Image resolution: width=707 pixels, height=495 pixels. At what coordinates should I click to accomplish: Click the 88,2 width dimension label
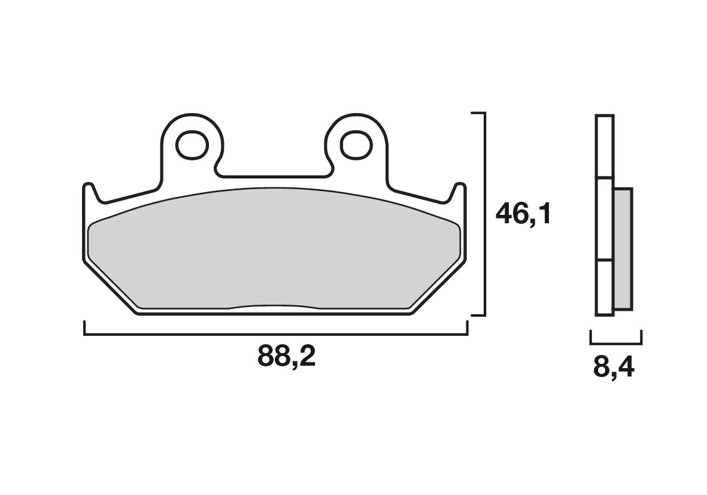pyautogui.click(x=286, y=357)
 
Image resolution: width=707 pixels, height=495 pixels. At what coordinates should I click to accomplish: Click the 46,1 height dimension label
pyautogui.click(x=523, y=214)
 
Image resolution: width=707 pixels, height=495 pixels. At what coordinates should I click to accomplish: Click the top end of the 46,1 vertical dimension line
pyautogui.click(x=483, y=113)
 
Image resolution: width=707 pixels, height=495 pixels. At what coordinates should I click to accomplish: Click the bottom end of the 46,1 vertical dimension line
pyautogui.click(x=483, y=314)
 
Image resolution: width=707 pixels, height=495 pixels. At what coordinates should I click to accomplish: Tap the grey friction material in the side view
pyautogui.click(x=623, y=248)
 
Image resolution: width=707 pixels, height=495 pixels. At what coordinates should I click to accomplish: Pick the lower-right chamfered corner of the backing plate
pyautogui.click(x=439, y=288)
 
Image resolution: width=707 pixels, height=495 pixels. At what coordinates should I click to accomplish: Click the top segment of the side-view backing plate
pyautogui.click(x=604, y=147)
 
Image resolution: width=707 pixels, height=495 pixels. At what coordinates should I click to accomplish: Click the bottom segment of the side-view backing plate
pyautogui.click(x=604, y=287)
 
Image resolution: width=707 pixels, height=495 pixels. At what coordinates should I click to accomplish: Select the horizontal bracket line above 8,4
pyautogui.click(x=616, y=344)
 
